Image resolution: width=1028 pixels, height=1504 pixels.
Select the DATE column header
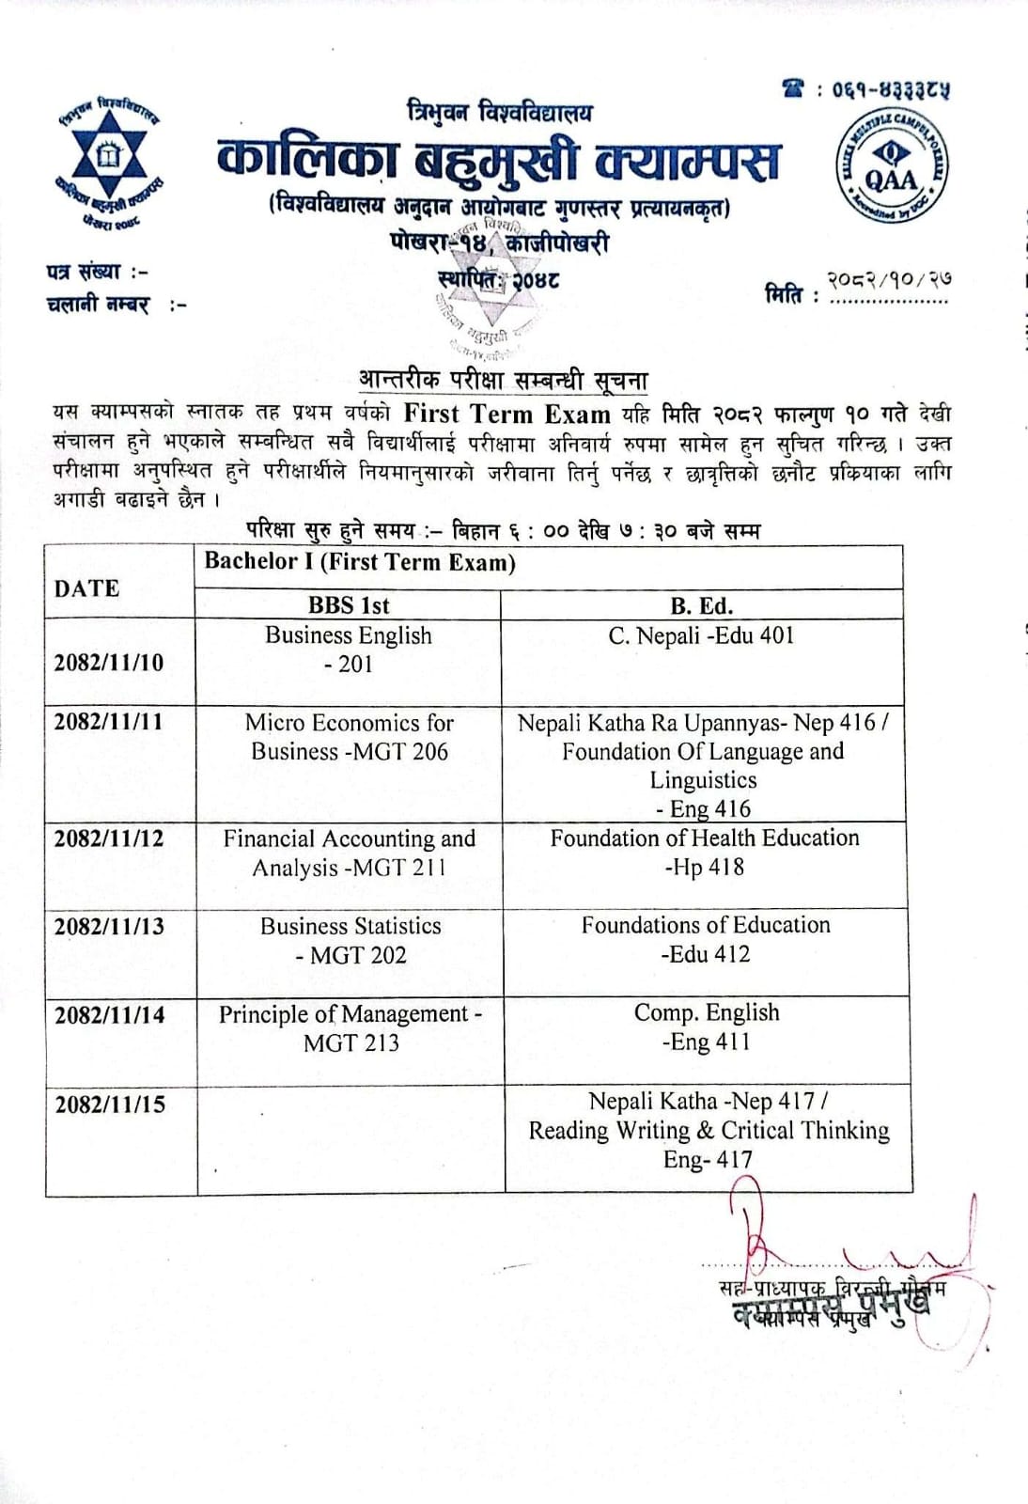click(87, 588)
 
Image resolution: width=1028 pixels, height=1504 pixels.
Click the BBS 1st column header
click(349, 605)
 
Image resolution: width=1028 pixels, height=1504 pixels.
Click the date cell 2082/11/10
click(109, 663)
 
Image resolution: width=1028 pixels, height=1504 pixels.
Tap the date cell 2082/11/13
click(109, 927)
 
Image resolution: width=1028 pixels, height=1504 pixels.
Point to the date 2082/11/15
click(110, 1104)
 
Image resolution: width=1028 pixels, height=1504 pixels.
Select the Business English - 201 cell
click(349, 650)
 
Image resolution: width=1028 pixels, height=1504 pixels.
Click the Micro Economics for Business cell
click(350, 737)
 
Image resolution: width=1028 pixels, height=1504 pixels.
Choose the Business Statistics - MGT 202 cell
click(350, 940)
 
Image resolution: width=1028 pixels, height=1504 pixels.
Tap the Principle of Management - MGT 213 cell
click(350, 1027)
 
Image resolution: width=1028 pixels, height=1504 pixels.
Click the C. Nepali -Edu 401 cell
click(701, 636)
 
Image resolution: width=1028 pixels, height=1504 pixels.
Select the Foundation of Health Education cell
click(705, 852)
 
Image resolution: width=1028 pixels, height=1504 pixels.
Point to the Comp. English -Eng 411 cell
click(707, 1026)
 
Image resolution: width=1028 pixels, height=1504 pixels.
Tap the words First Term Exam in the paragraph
click(506, 414)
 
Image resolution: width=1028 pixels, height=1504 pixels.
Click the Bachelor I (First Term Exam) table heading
click(361, 562)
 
